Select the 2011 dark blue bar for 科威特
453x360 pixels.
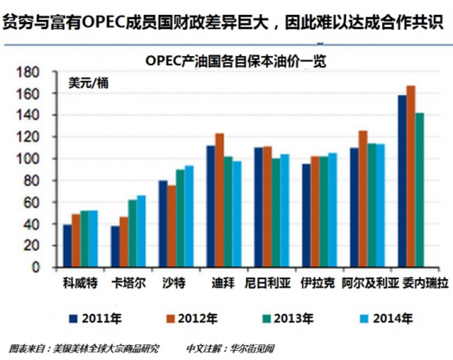click(x=68, y=246)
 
